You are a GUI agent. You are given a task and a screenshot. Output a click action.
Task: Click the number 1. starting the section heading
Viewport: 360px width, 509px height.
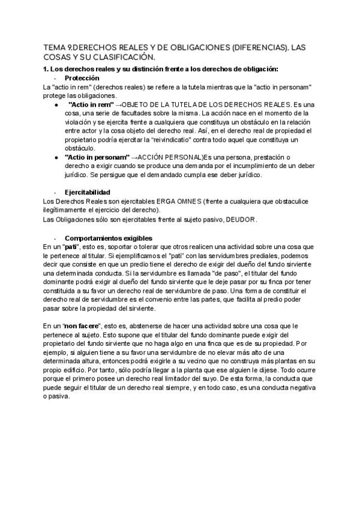(46, 69)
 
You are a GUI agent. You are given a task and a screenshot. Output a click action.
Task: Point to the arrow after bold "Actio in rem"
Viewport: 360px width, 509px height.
(118, 104)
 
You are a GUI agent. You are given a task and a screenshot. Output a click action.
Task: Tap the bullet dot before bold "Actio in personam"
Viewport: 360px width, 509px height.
(55, 157)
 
